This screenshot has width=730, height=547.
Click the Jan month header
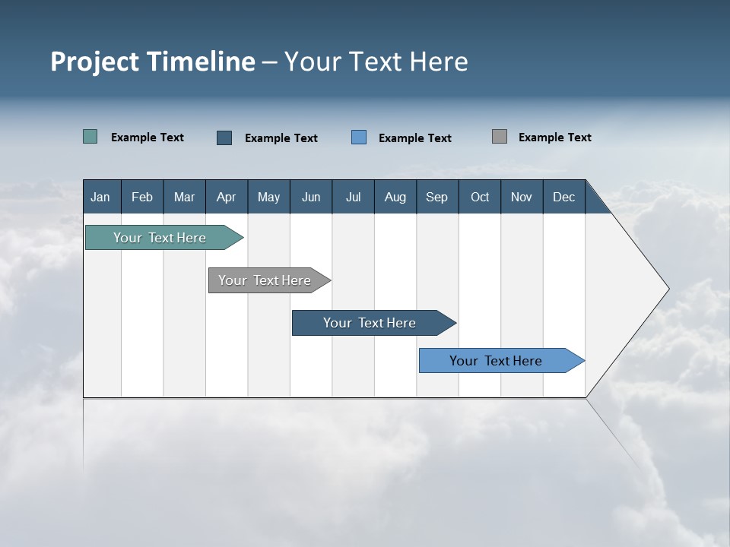tap(100, 197)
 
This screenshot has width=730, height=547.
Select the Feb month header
tap(142, 197)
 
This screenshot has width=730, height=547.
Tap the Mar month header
tap(184, 197)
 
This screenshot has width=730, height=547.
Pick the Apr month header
tap(227, 197)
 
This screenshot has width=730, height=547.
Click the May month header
tap(268, 197)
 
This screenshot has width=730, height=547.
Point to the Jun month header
tap(311, 197)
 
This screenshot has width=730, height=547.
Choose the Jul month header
tap(353, 197)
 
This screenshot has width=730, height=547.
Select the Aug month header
tap(395, 197)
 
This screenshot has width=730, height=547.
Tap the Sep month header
tap(437, 197)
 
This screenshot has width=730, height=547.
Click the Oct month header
tap(480, 197)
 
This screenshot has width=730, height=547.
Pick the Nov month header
tap(522, 197)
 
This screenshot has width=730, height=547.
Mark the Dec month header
tap(564, 197)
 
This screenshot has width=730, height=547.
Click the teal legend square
tap(90, 137)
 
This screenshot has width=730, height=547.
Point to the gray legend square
tap(500, 137)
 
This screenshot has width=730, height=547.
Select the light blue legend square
tap(359, 138)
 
